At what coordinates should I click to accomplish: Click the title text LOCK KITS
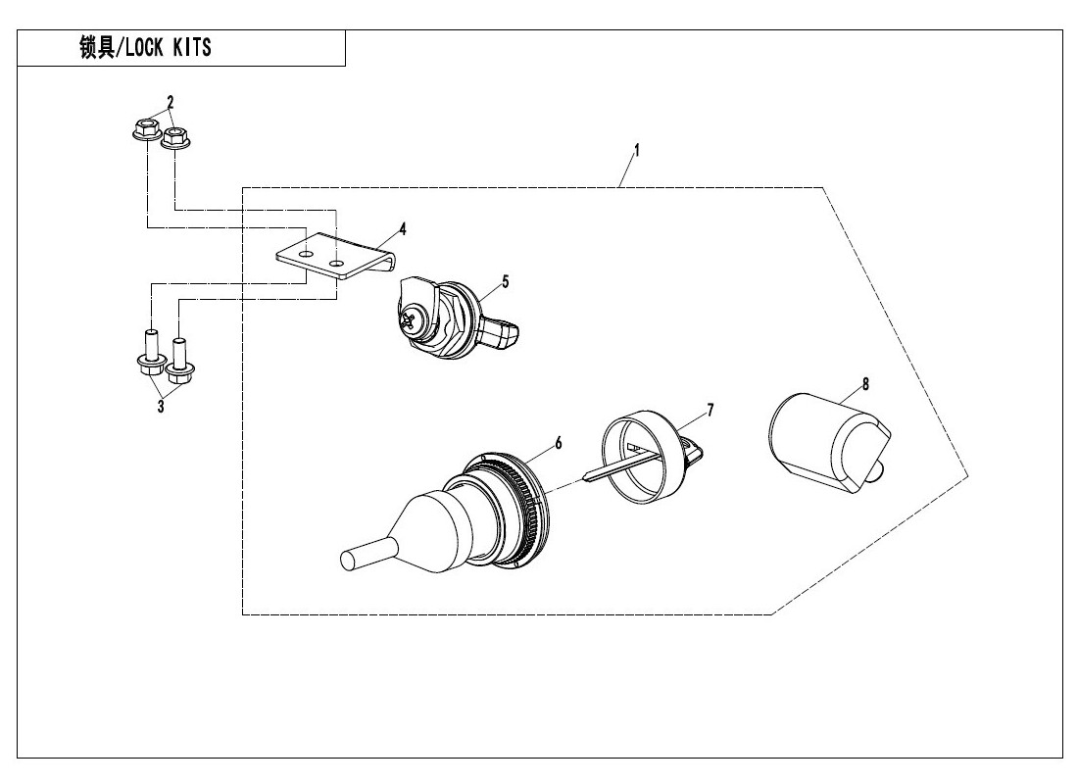(145, 48)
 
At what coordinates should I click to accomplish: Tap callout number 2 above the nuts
(170, 102)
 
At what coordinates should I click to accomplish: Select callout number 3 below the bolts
(161, 405)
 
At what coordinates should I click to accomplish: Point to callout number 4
(403, 230)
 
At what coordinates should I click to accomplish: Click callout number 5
(505, 281)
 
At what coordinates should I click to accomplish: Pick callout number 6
(558, 443)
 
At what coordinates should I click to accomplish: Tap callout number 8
(866, 385)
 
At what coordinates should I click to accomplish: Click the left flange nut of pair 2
(146, 130)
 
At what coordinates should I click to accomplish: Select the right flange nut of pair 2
(175, 138)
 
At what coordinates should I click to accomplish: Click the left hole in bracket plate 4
(307, 254)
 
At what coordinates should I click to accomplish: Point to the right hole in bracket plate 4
(337, 264)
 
